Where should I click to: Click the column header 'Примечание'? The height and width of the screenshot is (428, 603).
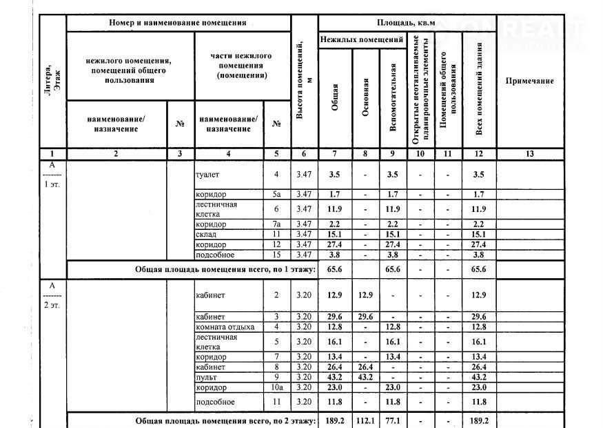529,81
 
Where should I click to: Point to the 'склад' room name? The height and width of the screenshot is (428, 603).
206,235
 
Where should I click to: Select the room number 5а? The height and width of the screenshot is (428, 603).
276,195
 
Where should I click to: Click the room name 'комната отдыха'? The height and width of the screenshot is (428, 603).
225,327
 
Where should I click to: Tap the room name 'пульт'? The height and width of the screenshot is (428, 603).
206,378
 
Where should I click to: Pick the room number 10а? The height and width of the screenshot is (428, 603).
276,388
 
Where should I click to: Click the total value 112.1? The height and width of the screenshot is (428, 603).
366,420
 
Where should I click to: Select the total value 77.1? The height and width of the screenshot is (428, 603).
393,420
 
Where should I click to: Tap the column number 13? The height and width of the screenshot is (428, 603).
529,154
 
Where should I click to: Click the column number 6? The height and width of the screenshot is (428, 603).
304,154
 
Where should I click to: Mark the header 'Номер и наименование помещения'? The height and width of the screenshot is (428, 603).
178,23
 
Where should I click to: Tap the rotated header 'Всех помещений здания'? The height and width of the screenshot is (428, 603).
479,88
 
